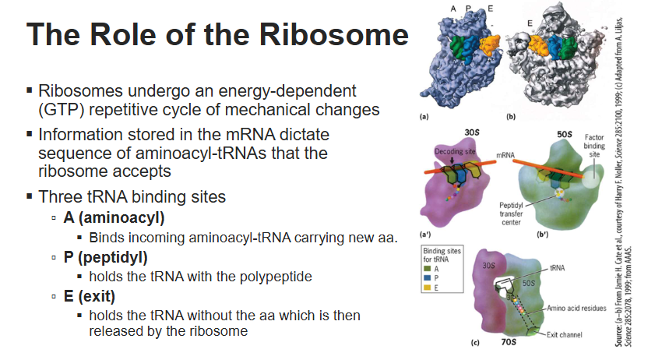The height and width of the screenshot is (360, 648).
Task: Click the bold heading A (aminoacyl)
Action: [114, 217]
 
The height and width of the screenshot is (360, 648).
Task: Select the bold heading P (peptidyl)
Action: [105, 257]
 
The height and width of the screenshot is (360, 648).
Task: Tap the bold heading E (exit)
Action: [90, 296]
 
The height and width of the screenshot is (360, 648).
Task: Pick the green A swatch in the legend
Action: [428, 269]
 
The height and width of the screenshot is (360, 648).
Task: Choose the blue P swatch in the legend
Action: [428, 277]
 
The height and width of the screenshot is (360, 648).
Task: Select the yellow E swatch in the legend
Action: [428, 288]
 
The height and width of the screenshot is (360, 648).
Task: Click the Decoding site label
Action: [455, 152]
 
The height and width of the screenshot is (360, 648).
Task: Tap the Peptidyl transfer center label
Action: [511, 214]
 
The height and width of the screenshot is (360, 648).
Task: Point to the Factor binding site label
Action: [594, 146]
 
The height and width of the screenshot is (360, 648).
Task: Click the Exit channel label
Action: [564, 335]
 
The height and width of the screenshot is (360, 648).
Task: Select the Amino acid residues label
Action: [576, 309]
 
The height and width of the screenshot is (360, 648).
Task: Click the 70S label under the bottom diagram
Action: [509, 342]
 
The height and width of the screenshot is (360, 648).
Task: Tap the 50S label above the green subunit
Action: [564, 134]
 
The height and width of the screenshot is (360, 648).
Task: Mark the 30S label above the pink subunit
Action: [472, 132]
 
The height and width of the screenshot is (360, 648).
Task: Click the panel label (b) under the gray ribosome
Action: [511, 117]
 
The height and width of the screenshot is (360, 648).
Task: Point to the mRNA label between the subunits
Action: [505, 155]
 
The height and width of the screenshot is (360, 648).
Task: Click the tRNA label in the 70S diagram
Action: [557, 268]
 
